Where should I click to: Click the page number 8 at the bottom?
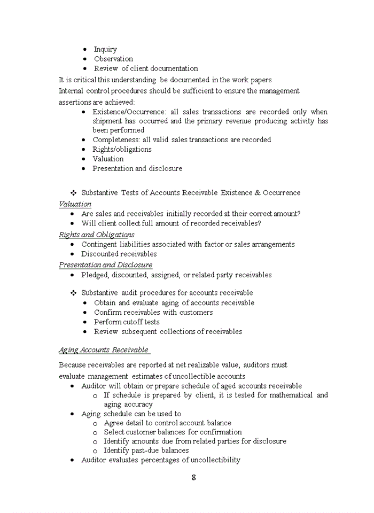(193, 478)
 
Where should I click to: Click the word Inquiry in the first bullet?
(105, 49)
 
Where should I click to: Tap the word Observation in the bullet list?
(113, 59)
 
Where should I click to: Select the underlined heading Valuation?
(75, 204)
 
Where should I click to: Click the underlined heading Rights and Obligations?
(96, 235)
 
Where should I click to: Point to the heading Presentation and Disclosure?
(105, 265)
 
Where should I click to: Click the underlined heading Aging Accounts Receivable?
(104, 350)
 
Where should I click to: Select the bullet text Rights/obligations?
(122, 149)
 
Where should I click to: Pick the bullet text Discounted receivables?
(119, 254)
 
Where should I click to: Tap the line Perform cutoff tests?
(127, 322)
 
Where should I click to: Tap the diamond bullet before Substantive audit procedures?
(74, 293)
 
